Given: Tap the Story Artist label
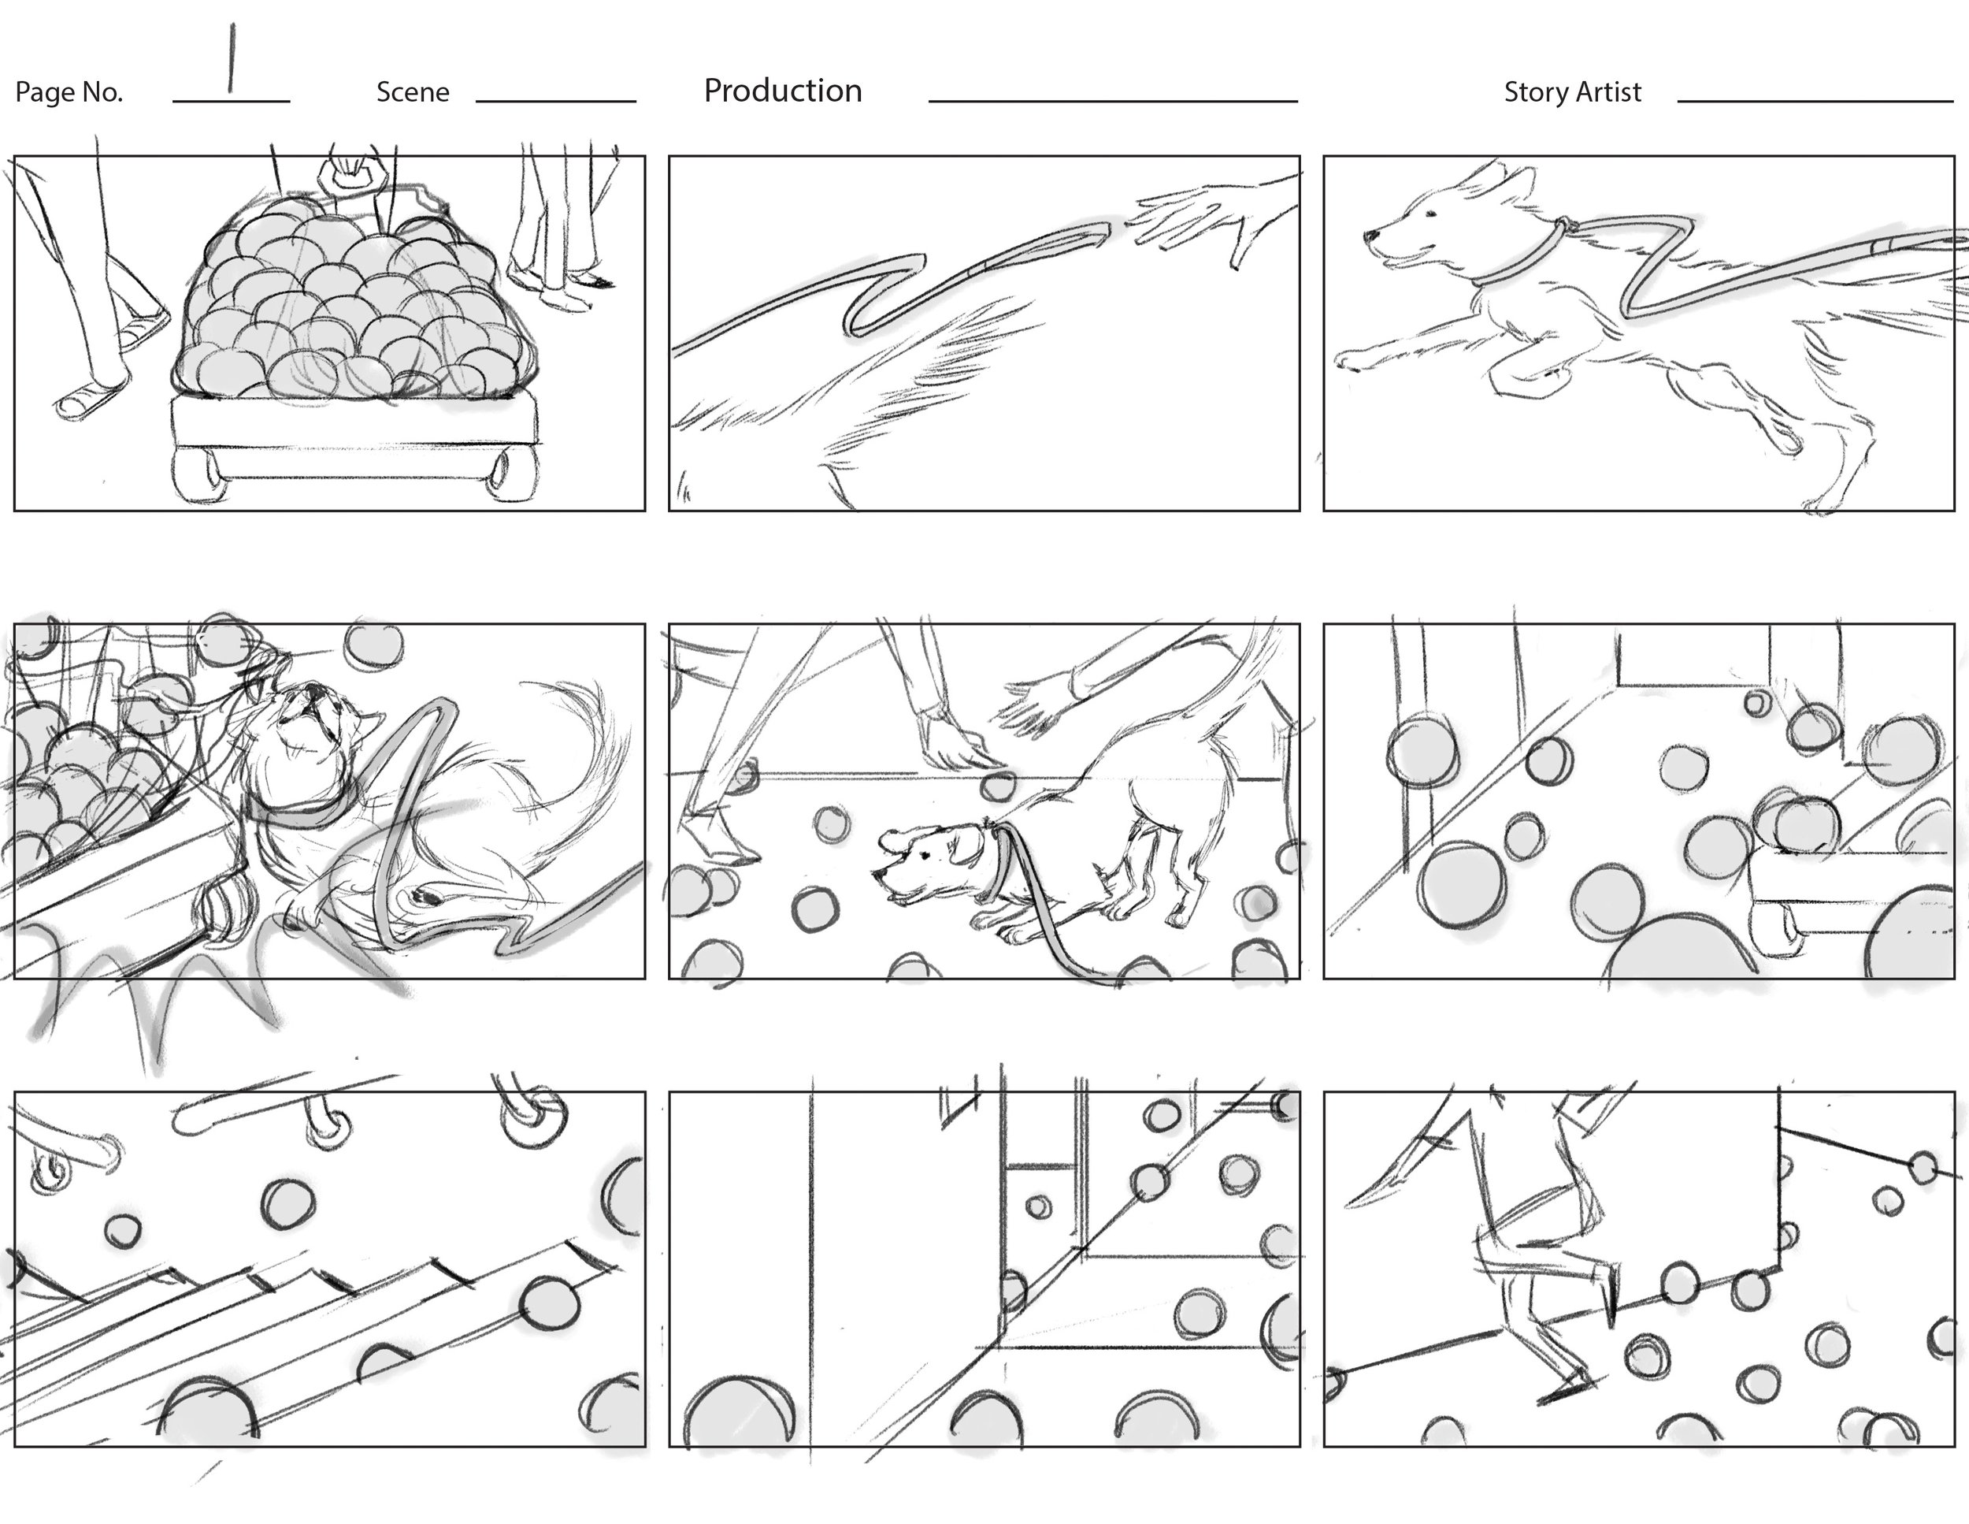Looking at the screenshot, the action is coord(1572,92).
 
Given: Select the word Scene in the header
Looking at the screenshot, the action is coord(413,92).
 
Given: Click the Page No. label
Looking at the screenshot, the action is coord(69,92).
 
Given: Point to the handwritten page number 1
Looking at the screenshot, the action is coord(232,58).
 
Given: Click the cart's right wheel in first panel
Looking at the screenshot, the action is coord(511,472).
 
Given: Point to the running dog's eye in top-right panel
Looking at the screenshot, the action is coord(1431,214).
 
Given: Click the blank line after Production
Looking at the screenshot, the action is coord(1114,101).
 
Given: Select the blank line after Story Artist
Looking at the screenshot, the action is coord(1815,101).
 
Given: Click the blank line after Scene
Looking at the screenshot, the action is coord(555,101).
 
